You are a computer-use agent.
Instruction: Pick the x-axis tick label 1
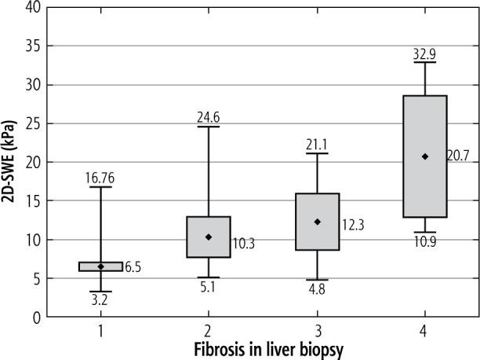(100, 331)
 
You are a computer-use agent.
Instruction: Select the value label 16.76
(100, 179)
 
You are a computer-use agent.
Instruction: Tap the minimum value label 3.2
(100, 299)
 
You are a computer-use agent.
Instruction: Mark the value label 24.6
(208, 118)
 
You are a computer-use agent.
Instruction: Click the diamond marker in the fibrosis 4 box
(425, 156)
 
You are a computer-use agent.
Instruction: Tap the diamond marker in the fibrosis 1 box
(100, 266)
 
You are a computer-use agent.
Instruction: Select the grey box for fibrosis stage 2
(209, 237)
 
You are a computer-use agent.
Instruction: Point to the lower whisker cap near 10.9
(425, 232)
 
